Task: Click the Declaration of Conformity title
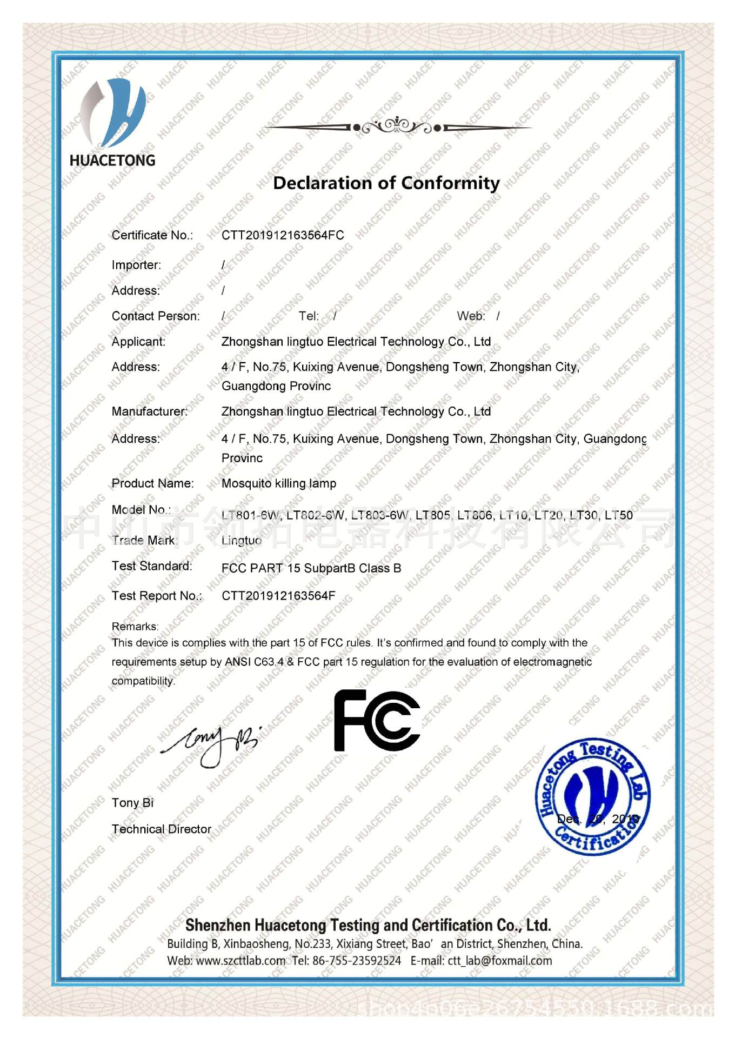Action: [x=386, y=183]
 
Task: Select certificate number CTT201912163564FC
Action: [x=283, y=235]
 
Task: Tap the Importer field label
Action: [x=136, y=265]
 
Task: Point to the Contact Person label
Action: [x=156, y=316]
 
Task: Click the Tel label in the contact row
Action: [x=309, y=316]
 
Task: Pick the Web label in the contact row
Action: [x=471, y=316]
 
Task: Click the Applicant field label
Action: [x=138, y=342]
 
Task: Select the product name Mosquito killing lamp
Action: [x=279, y=483]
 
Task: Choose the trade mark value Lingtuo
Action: [x=242, y=540]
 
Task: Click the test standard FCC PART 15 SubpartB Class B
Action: [x=311, y=568]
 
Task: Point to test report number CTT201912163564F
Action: [x=278, y=596]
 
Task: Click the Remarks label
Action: [x=135, y=627]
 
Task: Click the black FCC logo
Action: [x=377, y=721]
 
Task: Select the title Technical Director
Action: [x=161, y=829]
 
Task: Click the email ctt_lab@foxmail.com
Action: [x=499, y=961]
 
